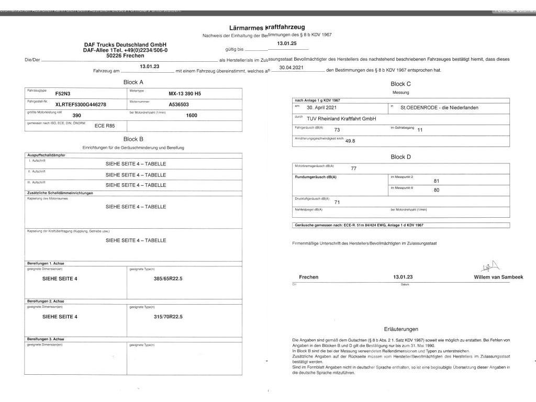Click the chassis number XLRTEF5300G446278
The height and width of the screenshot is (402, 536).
point(81,105)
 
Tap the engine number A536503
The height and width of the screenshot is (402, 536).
point(179,105)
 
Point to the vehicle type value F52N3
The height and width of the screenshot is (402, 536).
point(63,94)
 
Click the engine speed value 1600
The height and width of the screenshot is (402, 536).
point(192,115)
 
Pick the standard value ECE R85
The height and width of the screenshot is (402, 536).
point(104,126)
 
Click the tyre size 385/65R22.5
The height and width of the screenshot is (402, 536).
point(168,278)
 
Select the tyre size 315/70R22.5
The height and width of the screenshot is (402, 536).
point(168,317)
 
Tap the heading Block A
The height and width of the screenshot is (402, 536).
point(133,82)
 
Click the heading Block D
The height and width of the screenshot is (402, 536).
point(400,157)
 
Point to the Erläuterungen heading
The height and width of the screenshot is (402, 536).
point(401,329)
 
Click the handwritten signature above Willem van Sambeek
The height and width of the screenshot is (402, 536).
point(492,267)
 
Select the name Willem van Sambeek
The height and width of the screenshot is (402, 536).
point(498,277)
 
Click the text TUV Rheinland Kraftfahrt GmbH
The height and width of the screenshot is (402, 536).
point(341,119)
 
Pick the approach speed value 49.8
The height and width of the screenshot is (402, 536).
point(350,140)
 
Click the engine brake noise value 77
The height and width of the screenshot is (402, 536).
point(353,169)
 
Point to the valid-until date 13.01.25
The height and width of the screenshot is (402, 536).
point(287,43)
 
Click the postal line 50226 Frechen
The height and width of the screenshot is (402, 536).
point(125,55)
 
